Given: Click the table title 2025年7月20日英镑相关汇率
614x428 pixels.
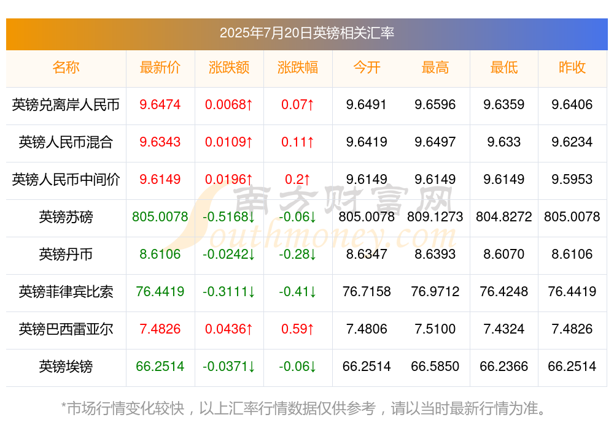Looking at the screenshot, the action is point(306,33).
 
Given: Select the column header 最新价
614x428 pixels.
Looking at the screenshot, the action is point(160,67).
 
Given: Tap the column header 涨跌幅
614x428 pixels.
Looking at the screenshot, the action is point(298,67).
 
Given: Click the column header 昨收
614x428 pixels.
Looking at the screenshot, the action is point(572,67).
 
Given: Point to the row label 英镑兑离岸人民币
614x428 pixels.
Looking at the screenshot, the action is point(66,105).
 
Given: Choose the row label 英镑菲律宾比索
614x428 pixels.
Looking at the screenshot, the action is point(66,292).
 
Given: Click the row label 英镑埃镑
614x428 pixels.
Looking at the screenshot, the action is point(66,367).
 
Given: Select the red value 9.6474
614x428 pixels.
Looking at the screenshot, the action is point(160,105).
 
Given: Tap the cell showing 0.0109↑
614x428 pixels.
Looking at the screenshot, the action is point(228,142).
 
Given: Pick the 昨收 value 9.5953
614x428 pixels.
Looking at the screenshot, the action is point(572,180).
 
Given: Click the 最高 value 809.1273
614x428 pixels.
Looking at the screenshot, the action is point(435,216).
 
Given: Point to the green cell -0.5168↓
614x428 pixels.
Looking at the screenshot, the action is point(228,216).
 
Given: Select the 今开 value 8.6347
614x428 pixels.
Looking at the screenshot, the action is point(367,254).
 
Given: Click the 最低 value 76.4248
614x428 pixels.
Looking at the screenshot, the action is point(504,292).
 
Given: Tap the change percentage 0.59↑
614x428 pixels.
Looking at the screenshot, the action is point(298,329).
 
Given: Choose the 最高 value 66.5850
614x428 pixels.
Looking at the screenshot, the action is point(435,367).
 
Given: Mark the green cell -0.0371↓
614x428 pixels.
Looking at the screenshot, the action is point(228,367).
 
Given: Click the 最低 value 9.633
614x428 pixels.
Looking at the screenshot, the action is point(504,142).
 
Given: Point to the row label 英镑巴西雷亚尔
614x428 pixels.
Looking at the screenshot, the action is point(66,329).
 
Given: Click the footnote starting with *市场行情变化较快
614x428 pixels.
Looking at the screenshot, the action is point(304,408).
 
